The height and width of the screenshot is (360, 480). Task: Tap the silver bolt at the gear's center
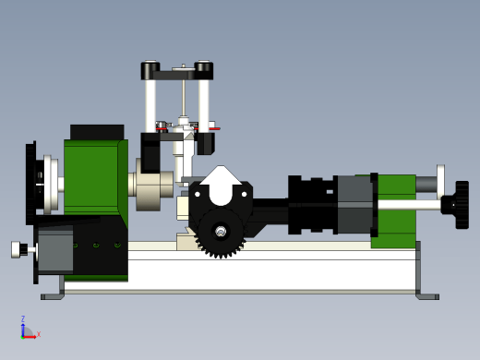click(221, 232)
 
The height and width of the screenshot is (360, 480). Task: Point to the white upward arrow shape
click(221, 186)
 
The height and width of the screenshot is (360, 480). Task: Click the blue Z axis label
click(23, 318)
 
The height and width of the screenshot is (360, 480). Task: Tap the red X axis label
click(39, 334)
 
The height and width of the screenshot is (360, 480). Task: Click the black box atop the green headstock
click(97, 132)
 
